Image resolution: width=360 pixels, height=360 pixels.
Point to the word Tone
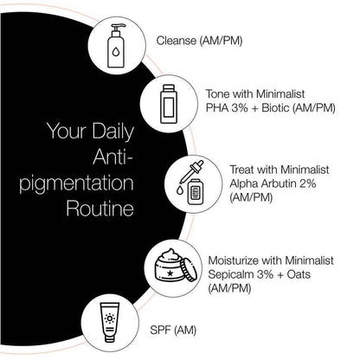click(218, 93)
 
